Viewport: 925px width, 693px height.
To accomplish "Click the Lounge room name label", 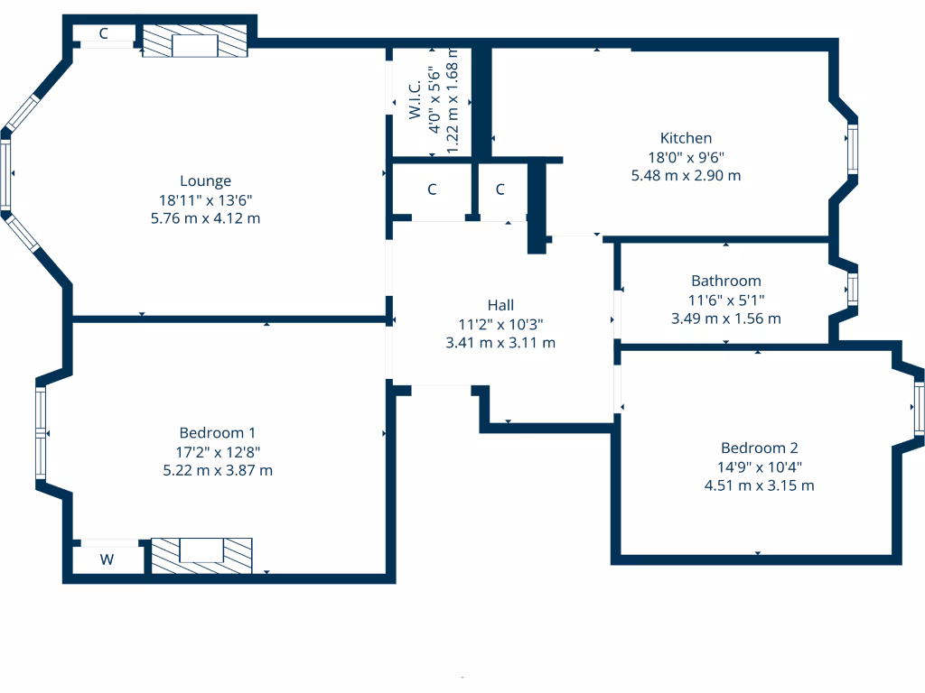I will (205, 180).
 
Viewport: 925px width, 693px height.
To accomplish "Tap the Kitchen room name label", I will (686, 138).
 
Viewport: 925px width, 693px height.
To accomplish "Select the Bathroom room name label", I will (725, 281).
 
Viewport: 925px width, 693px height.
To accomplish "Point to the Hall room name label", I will (500, 305).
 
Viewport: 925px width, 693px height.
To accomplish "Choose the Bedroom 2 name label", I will (759, 448).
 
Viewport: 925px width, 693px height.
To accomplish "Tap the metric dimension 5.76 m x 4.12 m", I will (205, 218).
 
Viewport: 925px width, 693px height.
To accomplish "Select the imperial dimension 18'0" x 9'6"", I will (686, 157).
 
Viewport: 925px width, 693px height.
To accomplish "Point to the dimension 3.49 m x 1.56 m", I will (725, 319).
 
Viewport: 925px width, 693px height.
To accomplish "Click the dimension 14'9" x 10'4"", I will (759, 467).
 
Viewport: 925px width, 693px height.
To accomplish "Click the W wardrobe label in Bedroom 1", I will (107, 559).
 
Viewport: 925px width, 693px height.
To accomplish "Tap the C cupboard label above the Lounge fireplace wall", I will (103, 33).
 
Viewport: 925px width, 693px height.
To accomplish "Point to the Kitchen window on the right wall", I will (851, 149).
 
